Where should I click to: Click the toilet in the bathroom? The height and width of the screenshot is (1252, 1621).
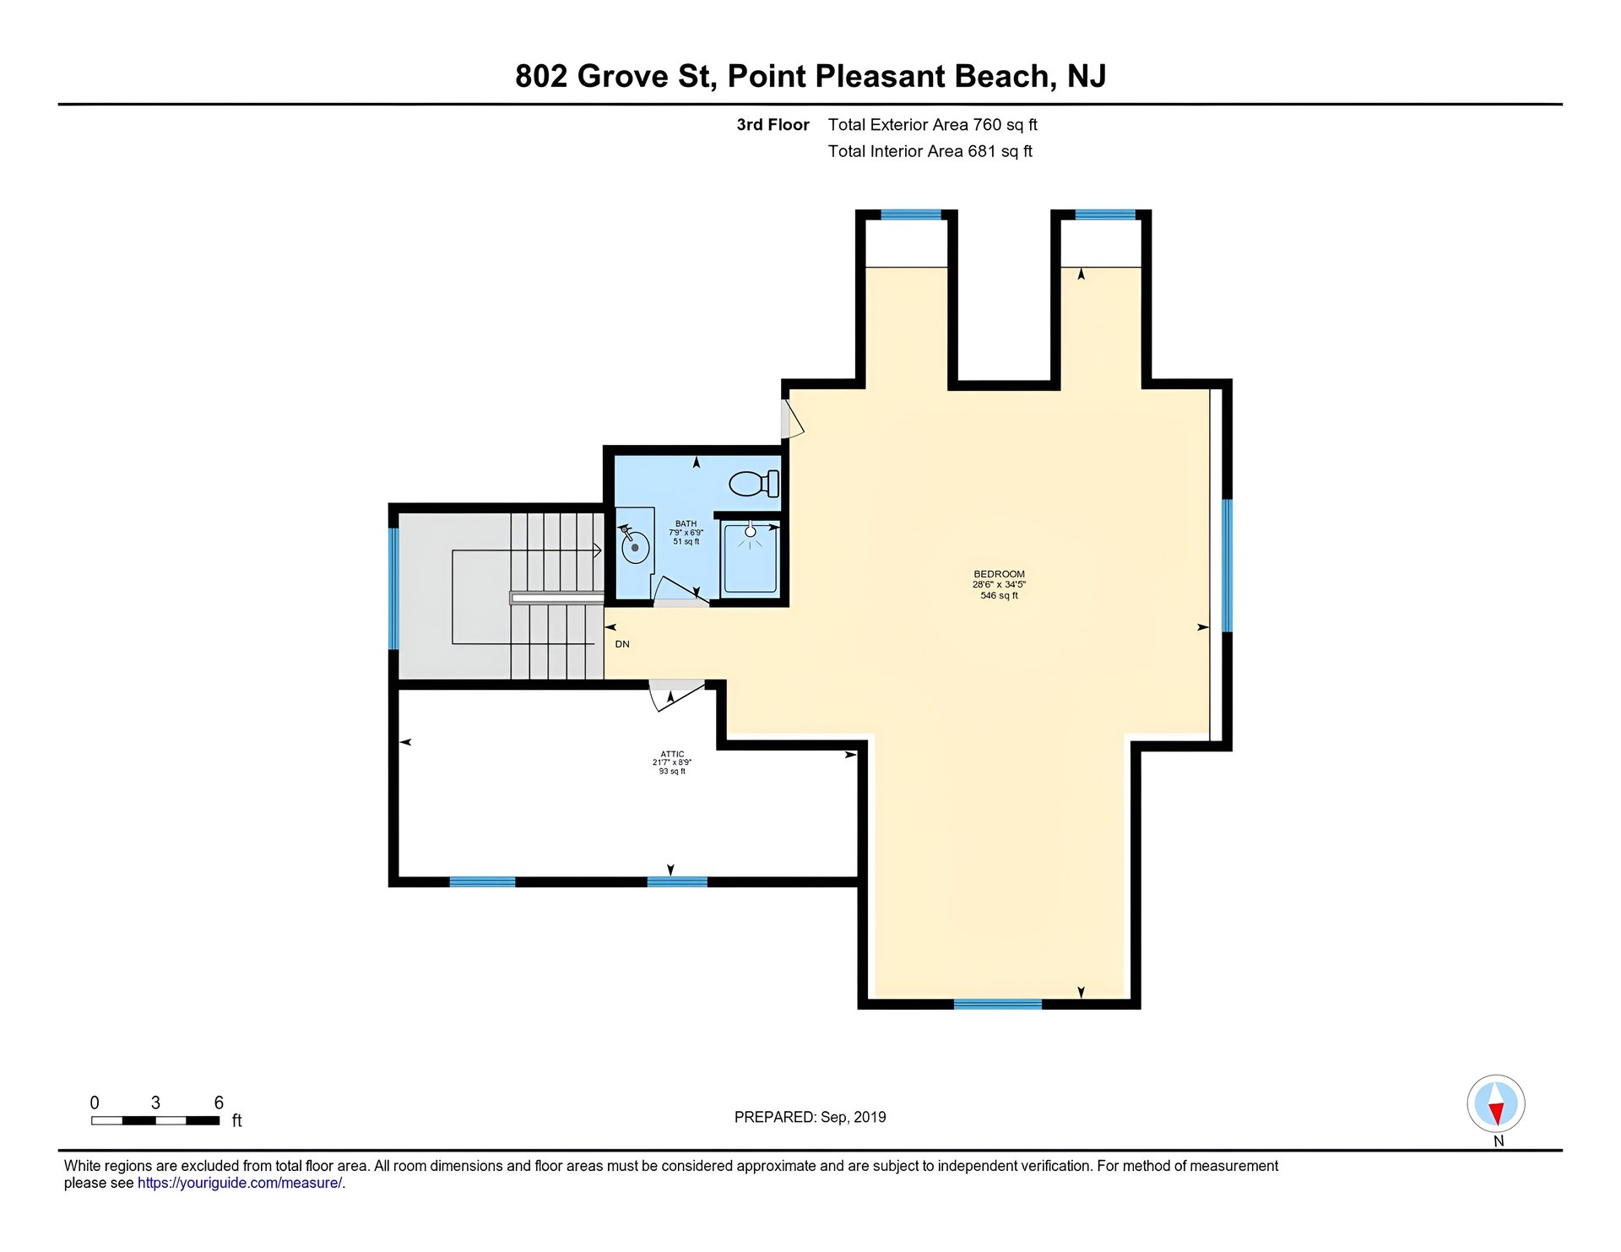point(754,484)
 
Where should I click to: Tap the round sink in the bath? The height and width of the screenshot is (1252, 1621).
point(635,547)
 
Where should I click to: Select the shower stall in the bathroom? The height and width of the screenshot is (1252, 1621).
point(750,558)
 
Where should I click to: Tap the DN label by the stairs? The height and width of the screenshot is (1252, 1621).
point(622,644)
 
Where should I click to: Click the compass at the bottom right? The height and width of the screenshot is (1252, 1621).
point(1496,1104)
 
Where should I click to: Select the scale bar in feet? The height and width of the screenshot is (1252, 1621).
point(155,1120)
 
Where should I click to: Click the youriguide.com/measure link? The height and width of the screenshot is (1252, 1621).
point(240,1183)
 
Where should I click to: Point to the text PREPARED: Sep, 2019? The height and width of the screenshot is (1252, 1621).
point(810,1117)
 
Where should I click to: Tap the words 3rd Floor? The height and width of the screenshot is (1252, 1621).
point(773,125)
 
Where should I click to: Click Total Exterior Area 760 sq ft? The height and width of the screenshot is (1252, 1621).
point(933,125)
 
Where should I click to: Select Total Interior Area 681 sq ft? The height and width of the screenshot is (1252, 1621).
point(930,151)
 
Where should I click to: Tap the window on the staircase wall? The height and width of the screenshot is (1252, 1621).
point(393,588)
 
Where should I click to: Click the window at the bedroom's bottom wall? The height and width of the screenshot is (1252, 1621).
point(998,1004)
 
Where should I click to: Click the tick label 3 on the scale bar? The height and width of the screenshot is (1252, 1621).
point(155,1103)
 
